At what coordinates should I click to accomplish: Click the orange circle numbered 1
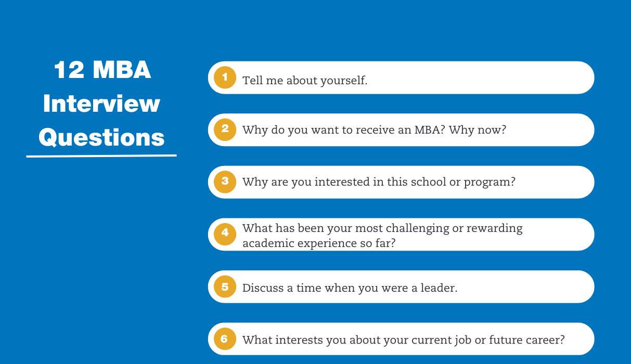225,77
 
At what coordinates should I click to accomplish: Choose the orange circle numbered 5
225,287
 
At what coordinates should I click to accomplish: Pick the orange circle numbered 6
225,339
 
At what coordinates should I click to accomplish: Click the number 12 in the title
69,71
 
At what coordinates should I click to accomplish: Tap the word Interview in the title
101,104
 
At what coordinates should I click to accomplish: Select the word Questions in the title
101,138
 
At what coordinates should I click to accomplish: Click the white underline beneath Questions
101,155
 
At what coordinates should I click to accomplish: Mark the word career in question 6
547,340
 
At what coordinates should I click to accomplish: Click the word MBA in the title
122,71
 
